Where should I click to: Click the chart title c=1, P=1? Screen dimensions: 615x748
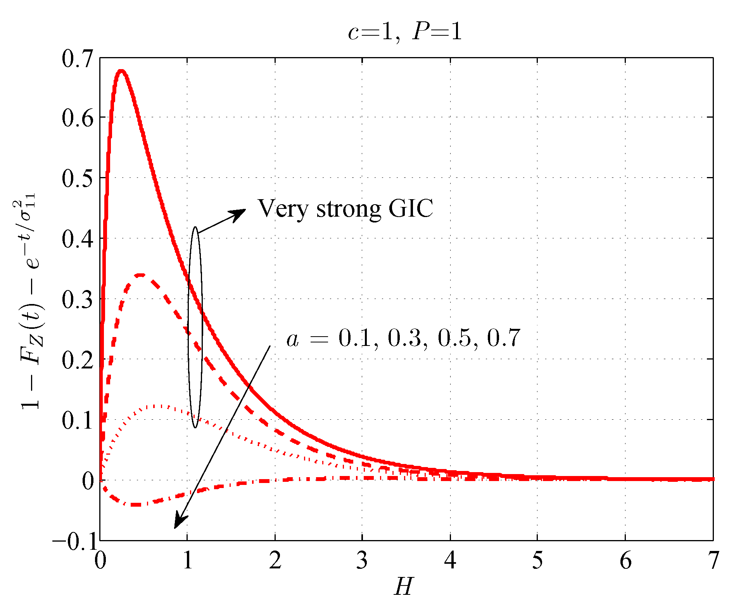point(405,31)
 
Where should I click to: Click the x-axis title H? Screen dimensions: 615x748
point(404,586)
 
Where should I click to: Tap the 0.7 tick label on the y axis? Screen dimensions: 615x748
point(78,58)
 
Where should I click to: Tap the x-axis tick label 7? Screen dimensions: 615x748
point(713,561)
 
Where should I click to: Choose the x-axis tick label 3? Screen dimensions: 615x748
point(362,561)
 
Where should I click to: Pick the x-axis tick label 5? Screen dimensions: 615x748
point(537,561)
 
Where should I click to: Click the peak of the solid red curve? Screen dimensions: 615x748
point(121,71)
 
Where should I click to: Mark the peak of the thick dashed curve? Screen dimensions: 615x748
point(140,275)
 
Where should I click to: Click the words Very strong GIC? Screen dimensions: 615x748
point(345,208)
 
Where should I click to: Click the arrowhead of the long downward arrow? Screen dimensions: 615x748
point(177,524)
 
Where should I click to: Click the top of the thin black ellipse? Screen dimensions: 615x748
point(195,228)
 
